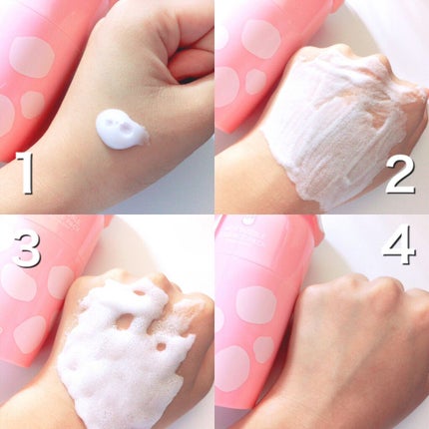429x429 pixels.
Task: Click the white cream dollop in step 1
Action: point(120,129)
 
